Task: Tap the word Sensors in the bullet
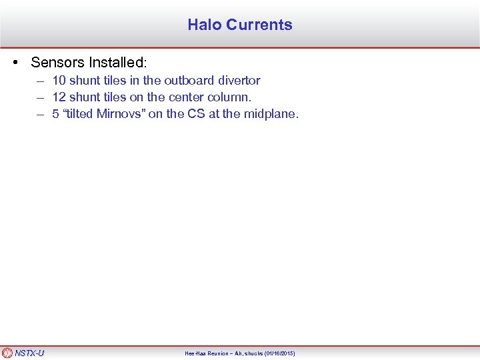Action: point(55,63)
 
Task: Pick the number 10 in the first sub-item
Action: point(59,80)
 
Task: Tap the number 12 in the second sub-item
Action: point(59,97)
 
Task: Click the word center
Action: point(177,97)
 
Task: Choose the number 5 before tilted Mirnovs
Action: point(56,113)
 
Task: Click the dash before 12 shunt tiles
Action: point(41,97)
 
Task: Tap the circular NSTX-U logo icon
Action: point(7,353)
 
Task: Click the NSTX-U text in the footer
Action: point(30,353)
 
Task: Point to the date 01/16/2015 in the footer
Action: point(279,353)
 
